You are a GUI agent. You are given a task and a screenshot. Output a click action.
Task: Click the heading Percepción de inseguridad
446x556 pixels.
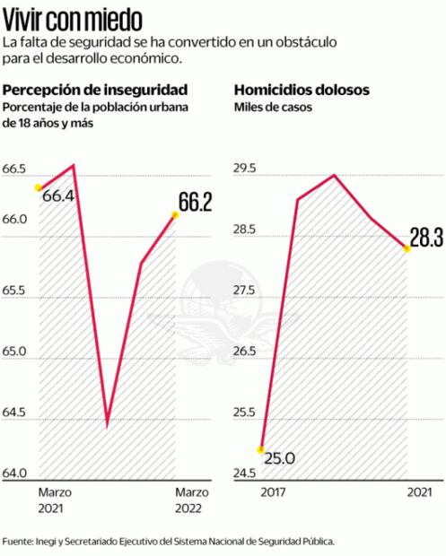95,91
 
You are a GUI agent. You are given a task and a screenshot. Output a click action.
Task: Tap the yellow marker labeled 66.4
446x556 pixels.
38,187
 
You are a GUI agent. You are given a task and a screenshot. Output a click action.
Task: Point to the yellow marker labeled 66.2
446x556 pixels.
175,214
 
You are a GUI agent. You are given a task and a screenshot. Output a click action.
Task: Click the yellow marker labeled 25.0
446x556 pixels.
261,449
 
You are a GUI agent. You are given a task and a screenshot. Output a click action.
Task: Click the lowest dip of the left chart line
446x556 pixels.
107,423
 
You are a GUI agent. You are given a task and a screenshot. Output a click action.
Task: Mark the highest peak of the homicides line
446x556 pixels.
334,175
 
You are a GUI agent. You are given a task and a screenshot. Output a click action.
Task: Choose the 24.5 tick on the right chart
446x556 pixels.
245,473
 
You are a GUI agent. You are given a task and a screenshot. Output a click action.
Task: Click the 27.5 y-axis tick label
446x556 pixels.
245,291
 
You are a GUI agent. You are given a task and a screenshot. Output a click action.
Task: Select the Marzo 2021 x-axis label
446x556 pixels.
55,500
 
